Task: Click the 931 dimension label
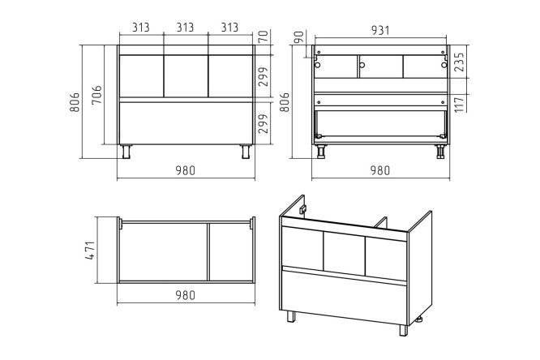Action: pos(380,30)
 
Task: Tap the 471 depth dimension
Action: pos(90,251)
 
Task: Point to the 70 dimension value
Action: pos(263,36)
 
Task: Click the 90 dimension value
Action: pos(299,37)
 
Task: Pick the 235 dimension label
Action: pos(460,62)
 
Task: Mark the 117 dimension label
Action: pos(460,103)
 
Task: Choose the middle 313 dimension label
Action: pos(186,28)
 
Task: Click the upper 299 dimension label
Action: pos(264,76)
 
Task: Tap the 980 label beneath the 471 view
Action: pos(186,295)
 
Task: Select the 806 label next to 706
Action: pos(75,102)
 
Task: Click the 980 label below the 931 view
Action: pos(380,170)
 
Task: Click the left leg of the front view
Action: pos(126,152)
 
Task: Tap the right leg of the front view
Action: pos(246,152)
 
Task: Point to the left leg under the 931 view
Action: pos(321,152)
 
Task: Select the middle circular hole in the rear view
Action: pos(362,65)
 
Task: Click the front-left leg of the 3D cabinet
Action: pos(291,316)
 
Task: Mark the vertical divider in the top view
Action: pos(208,252)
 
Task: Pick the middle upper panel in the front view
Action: pos(186,76)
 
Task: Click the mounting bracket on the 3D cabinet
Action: pos(303,209)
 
